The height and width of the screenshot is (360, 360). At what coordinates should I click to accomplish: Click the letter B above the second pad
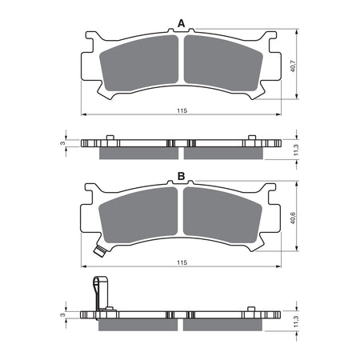point(181,175)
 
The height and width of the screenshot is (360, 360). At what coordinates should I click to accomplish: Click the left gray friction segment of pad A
point(137,64)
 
